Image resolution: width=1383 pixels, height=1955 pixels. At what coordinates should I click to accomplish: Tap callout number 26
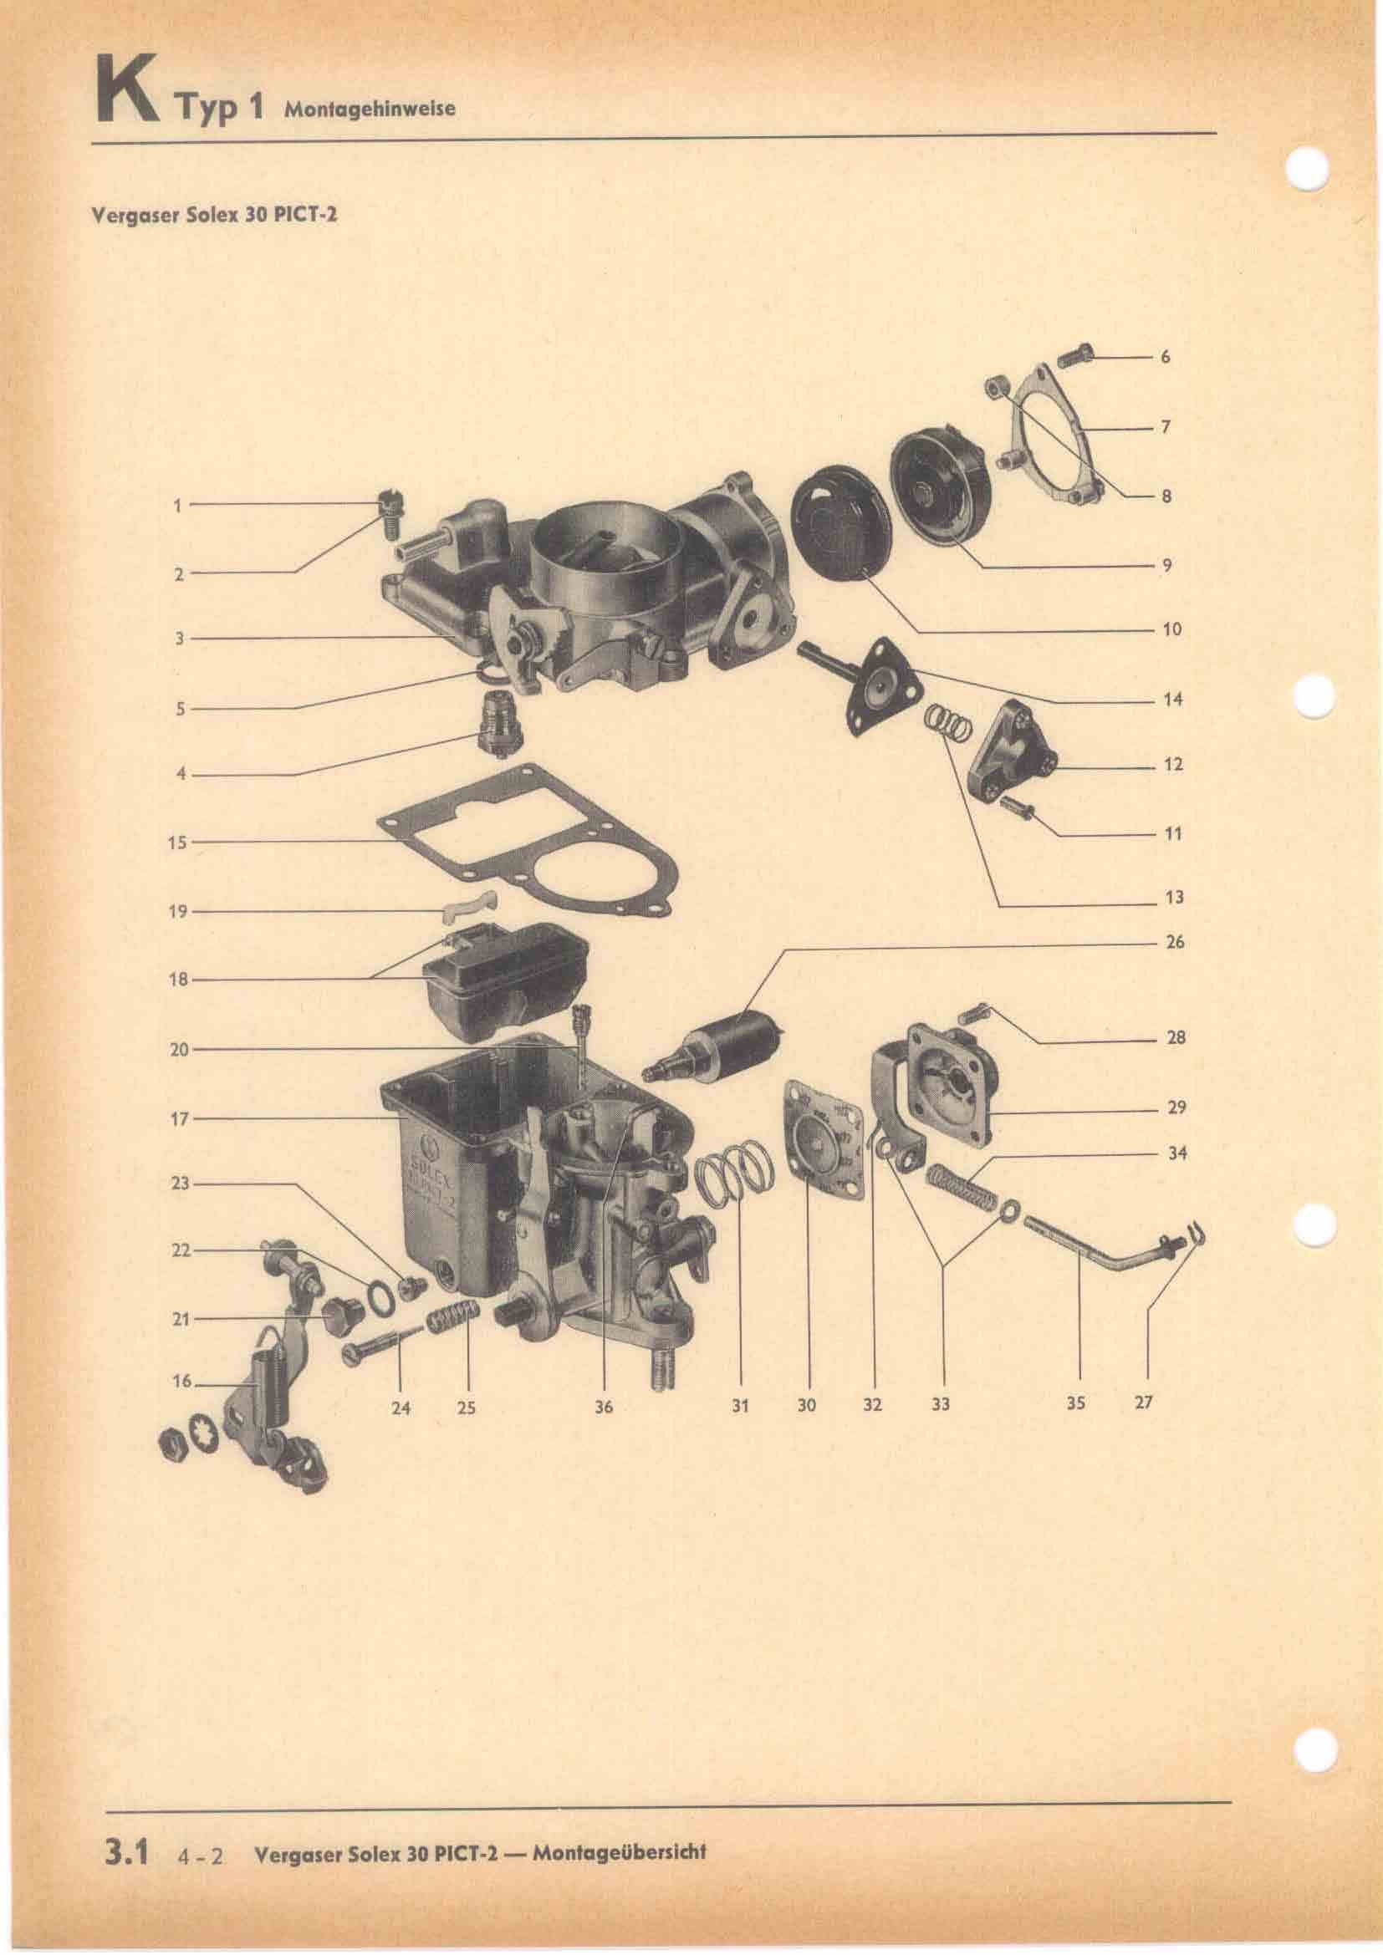click(x=1174, y=944)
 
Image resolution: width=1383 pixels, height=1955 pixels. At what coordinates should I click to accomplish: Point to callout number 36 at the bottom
click(x=604, y=1408)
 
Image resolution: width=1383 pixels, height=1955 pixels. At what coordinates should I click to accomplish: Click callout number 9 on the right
click(x=1166, y=564)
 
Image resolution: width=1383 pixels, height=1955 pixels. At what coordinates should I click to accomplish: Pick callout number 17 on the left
click(x=178, y=1121)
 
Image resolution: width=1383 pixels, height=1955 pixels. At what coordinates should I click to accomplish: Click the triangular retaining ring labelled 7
click(x=1044, y=438)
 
